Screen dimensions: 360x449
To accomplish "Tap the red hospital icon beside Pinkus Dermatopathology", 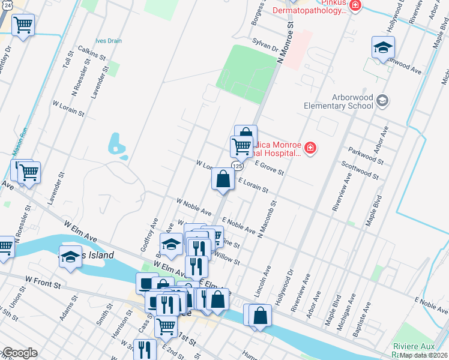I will coord(355,6).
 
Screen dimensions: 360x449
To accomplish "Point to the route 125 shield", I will coord(238,166).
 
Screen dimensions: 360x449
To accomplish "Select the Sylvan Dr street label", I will coord(267,47).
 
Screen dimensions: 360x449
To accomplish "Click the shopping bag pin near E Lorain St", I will coord(223,179).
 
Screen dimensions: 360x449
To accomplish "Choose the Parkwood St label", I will coord(365,155).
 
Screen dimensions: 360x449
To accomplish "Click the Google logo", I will coord(19,353).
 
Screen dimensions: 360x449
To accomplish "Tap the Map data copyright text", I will coord(423,355).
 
